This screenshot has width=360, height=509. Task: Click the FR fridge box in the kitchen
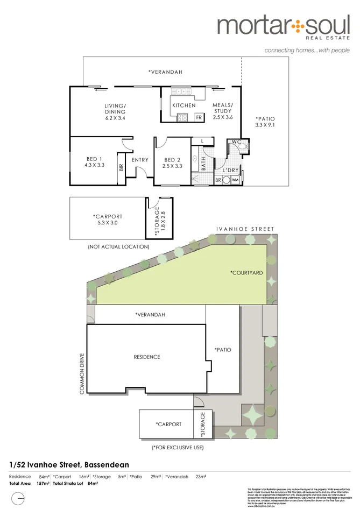coord(199,117)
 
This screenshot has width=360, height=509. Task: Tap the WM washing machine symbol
coord(235,180)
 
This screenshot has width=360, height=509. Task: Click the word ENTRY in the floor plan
coord(140,159)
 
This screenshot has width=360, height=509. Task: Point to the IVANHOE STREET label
coord(245,229)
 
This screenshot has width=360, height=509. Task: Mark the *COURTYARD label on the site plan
coord(246,273)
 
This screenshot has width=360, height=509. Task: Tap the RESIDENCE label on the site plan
coord(147,357)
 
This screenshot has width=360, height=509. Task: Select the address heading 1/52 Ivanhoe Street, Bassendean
coord(69,464)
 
